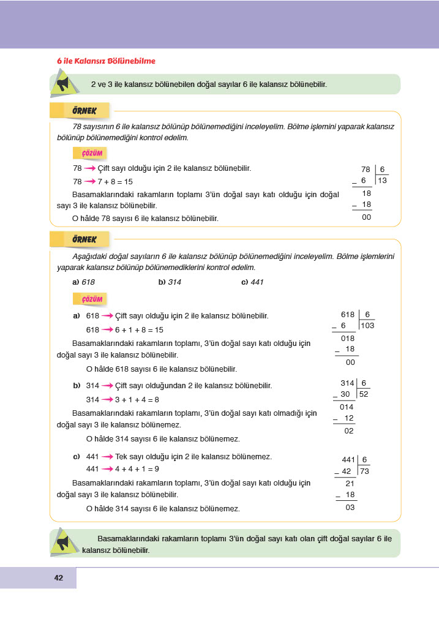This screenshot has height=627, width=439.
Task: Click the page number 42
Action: tap(59, 577)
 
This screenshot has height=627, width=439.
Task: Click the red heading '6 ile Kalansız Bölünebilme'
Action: tap(106, 61)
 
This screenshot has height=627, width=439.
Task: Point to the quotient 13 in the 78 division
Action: tap(382, 181)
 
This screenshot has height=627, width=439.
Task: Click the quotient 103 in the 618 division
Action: tap(367, 326)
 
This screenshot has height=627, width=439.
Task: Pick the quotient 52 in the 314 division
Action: tap(364, 394)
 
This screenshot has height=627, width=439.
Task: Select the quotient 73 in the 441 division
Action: tap(364, 471)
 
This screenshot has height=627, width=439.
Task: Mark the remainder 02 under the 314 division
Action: tap(349, 431)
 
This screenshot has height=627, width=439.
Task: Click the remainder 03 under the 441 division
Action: tap(350, 507)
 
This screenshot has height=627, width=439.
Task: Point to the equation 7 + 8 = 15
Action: tap(115, 182)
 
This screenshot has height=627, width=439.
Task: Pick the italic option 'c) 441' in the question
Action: tap(252, 282)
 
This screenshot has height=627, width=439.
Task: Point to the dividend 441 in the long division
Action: tap(348, 459)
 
